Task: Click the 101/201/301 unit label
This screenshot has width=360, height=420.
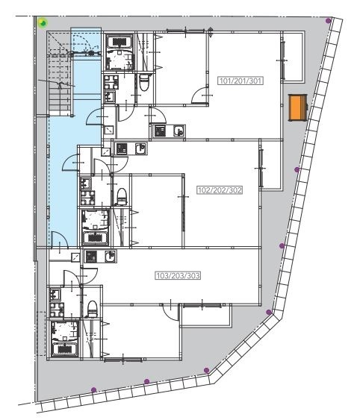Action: (240, 81)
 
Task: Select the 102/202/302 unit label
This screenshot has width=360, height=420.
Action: (220, 190)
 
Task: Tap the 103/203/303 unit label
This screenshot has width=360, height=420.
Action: (178, 275)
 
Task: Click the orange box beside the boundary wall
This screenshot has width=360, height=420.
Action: (298, 107)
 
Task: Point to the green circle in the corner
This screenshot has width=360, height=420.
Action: (43, 23)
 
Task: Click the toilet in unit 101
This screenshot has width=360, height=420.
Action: (144, 82)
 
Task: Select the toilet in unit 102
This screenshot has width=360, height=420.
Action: (122, 196)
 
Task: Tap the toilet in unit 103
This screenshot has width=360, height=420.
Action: (93, 309)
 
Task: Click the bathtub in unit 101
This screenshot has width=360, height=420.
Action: (120, 42)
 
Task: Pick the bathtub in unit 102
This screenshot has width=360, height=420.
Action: (96, 238)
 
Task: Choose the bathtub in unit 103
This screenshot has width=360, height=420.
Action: (65, 349)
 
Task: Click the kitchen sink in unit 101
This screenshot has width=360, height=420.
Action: (179, 131)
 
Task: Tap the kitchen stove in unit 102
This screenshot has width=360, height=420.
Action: (122, 148)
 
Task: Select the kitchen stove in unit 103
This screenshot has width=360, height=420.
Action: (91, 257)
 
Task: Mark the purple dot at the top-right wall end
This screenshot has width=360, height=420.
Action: (328, 21)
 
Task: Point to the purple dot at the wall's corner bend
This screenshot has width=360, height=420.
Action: (269, 312)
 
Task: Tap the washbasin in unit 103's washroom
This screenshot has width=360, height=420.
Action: (55, 295)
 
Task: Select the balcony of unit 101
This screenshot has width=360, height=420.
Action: (294, 56)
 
